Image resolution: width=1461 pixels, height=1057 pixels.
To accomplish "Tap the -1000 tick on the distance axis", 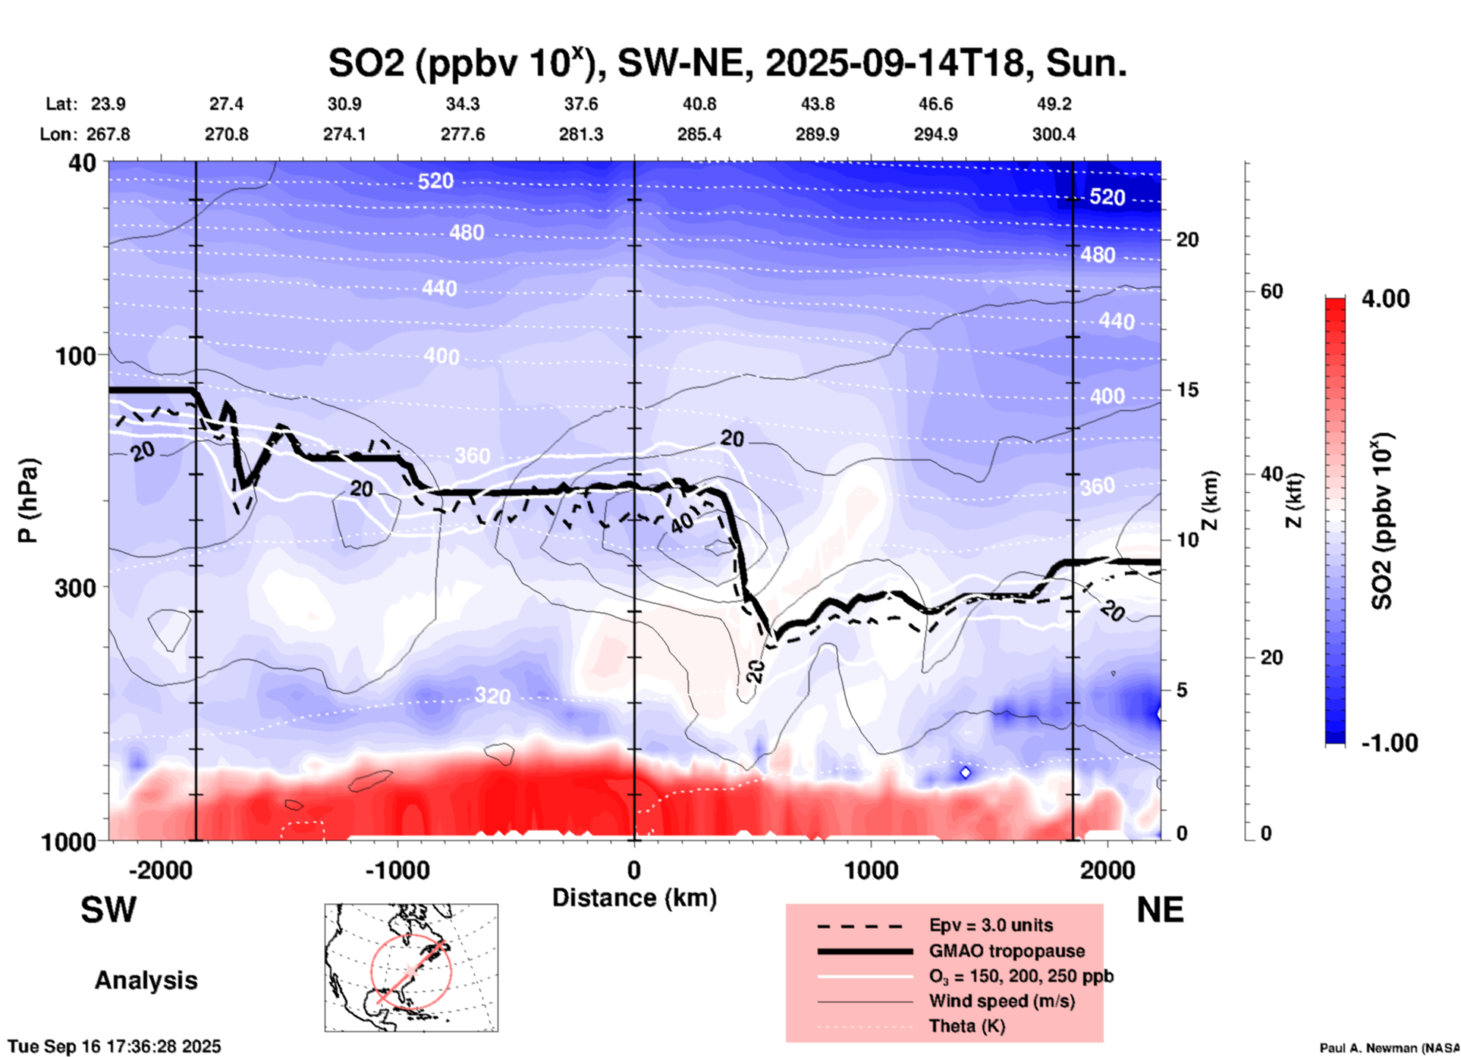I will pos(397,870).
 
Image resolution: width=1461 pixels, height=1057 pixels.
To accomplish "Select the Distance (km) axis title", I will pos(634,898).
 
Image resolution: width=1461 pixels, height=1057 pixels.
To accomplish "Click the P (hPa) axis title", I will pos(28,500).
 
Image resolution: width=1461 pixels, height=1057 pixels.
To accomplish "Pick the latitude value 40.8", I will pos(699,104).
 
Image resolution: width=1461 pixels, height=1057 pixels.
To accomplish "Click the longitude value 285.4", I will pos(699,134).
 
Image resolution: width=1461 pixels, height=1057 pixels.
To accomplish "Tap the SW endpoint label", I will pos(108,910).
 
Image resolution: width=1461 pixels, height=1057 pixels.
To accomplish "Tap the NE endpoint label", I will pos(1160,910).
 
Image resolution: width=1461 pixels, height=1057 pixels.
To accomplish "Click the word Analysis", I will pos(146,980).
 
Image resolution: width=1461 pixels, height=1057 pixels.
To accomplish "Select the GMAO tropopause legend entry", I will pos(1007,951).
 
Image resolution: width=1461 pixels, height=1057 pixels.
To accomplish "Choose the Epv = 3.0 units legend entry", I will pos(991,925).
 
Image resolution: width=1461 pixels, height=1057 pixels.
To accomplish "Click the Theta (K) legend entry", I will pos(966,1026).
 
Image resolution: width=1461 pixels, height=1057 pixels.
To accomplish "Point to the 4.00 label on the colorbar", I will pos(1385,298).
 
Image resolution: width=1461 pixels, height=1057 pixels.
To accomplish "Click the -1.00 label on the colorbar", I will pos(1389,743).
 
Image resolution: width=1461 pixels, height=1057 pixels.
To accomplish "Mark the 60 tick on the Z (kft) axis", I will pos(1271,291).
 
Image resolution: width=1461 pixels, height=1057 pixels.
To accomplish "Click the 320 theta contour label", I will pos(492,695).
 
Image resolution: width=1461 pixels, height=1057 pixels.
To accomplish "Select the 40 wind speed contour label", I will pos(682,522).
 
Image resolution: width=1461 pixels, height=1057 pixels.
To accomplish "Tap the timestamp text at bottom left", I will pos(115,1046).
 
